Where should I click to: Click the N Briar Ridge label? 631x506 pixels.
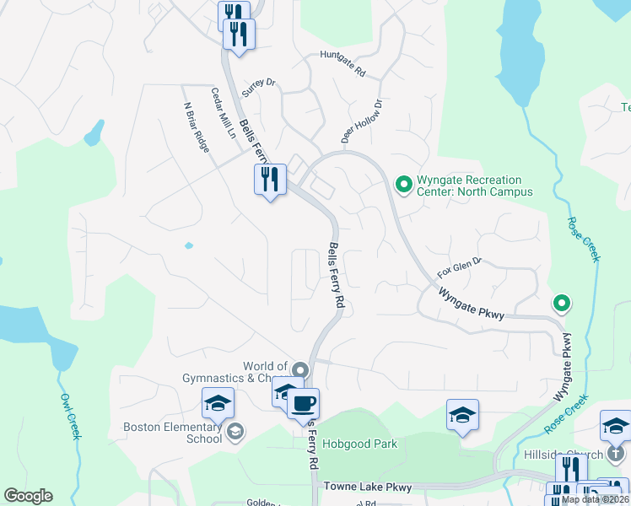coord(196,127)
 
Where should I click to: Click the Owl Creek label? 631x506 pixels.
coord(69,415)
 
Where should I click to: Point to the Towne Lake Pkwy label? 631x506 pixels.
coord(369,487)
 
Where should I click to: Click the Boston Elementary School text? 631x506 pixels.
coord(172,433)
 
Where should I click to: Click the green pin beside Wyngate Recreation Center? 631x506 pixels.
coord(403,182)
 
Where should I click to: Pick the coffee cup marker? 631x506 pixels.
coord(303,403)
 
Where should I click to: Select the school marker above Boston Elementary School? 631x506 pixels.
coord(218,404)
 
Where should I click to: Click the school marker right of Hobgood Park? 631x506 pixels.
coord(462,415)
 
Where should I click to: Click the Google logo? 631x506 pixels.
coord(28,496)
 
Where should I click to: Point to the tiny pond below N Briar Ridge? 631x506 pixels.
coord(188,245)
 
